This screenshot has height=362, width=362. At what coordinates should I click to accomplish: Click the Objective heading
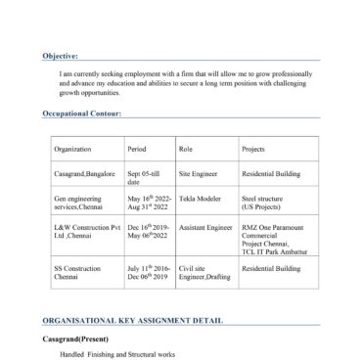(x=61, y=56)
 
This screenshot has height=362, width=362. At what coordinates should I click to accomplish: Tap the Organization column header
(x=72, y=149)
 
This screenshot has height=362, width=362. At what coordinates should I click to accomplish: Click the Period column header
(x=137, y=149)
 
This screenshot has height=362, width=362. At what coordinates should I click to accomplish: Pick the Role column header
(x=186, y=149)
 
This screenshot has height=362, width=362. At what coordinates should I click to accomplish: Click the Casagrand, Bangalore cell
(x=85, y=173)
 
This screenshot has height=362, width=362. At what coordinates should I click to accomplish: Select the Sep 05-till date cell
(x=143, y=177)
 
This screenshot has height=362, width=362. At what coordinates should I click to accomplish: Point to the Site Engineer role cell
(x=198, y=173)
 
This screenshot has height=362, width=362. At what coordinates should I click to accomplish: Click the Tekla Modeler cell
(x=200, y=199)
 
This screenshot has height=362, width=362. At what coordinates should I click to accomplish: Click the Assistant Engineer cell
(x=205, y=227)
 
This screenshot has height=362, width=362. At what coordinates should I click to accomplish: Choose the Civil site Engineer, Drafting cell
(x=204, y=271)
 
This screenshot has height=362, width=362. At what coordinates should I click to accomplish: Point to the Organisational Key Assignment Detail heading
(x=132, y=320)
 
